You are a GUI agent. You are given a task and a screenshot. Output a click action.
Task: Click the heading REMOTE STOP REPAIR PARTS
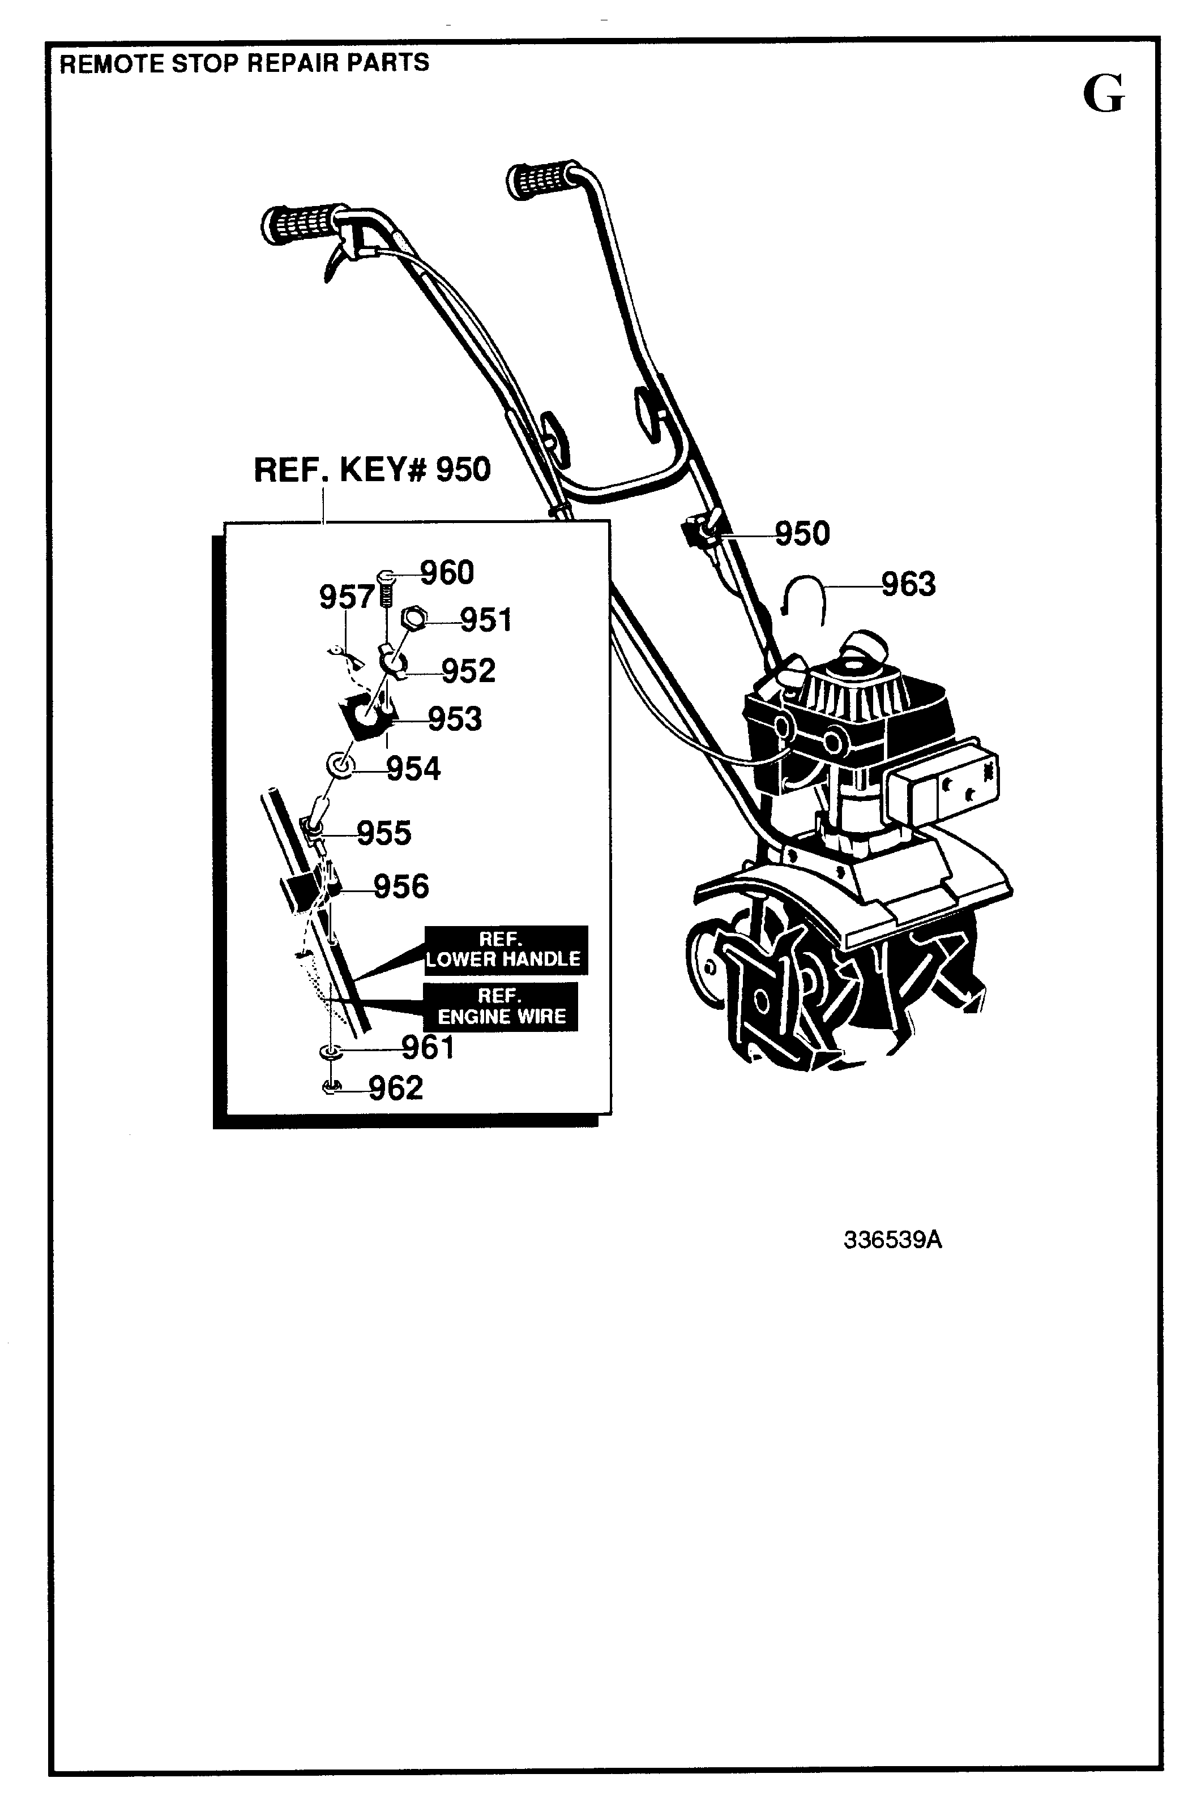pos(245,63)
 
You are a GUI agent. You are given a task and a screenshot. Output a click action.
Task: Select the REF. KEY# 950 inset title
pos(371,469)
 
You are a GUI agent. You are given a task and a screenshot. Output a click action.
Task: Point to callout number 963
pos(908,584)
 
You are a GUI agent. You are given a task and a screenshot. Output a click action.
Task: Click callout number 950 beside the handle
pos(802,534)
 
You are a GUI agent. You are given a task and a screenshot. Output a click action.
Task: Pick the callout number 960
pos(447,573)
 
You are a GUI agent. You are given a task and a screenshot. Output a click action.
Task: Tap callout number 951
pos(486,619)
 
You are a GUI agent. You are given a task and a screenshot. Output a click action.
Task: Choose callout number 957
pos(346,597)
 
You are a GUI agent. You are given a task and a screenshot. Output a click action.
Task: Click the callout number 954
pos(413,769)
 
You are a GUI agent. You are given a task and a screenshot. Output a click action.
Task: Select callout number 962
pos(395,1088)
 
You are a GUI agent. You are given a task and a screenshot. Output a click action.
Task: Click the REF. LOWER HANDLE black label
pos(506,949)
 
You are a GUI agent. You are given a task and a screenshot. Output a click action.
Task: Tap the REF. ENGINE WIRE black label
pos(501,1007)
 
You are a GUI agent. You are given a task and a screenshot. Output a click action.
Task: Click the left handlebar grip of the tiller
pos(304,224)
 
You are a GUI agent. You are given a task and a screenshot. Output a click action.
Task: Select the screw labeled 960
pos(386,588)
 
